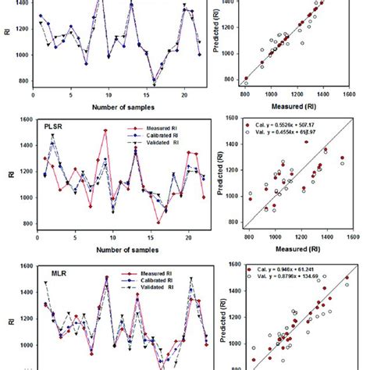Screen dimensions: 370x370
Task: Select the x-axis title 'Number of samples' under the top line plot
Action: (116, 106)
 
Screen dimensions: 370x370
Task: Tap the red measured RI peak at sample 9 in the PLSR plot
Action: (105, 131)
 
